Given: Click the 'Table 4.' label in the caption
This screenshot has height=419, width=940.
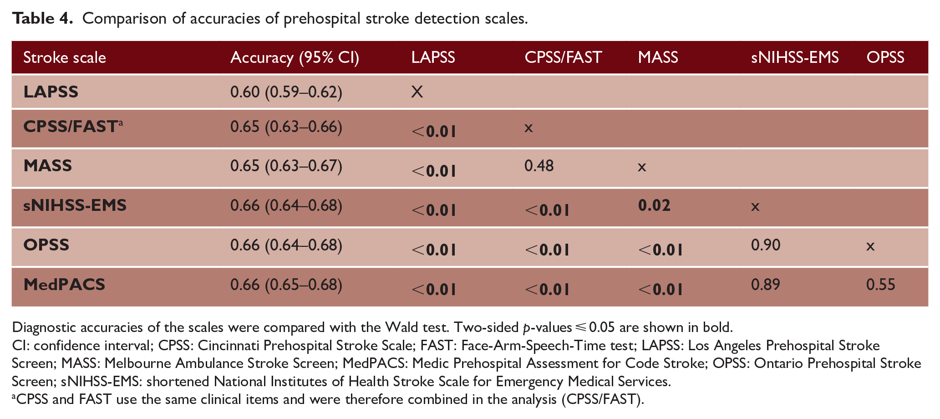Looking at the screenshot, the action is point(42,18).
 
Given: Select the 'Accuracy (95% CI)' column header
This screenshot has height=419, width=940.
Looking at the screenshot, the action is point(295,57).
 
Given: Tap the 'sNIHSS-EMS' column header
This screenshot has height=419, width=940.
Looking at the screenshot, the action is point(795,57).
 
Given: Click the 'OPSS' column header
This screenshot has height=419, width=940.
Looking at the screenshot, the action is point(885,57).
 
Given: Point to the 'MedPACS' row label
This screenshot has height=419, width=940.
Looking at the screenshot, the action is point(64,285).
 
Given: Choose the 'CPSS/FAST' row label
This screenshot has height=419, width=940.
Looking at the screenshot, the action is point(71,127).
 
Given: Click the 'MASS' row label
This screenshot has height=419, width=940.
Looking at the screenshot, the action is point(48,165).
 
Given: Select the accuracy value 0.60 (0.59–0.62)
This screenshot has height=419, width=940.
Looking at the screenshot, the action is point(286,92).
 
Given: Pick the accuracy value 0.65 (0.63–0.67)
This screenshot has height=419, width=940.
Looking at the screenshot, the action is point(286,166).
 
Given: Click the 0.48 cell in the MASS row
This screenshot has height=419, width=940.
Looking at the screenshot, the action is point(539,166).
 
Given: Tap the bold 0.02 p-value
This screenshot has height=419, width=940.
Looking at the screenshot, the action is point(654,205).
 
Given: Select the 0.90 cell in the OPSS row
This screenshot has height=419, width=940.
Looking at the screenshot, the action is point(766,245).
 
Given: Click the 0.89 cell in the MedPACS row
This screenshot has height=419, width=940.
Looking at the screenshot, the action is point(766,285).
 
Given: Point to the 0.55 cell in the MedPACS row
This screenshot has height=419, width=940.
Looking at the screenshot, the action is point(880,285).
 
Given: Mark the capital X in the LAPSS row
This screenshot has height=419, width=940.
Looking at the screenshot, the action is point(417,92).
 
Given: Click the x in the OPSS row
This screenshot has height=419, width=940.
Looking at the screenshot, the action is point(870,246).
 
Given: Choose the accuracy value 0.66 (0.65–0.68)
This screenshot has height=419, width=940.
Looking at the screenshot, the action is point(286,285).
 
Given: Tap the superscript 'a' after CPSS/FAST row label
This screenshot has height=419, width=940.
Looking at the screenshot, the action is point(121,122).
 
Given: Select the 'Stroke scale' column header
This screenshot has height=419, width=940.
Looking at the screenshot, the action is point(65,57).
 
